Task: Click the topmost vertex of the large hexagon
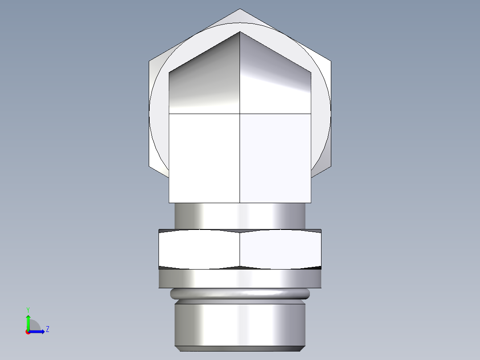(x=240, y=9)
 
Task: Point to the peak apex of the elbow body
(x=240, y=32)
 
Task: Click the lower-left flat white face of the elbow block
(x=205, y=158)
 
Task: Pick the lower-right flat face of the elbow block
(x=275, y=158)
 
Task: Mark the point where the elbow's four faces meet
(x=240, y=114)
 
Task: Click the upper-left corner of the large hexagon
(x=149, y=61)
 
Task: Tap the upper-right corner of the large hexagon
(x=331, y=61)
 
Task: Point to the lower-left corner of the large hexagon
(x=149, y=167)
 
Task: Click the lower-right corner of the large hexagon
(x=331, y=167)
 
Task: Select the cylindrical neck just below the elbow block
(x=240, y=216)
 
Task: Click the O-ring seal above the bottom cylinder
(x=240, y=293)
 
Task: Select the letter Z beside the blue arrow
(x=47, y=329)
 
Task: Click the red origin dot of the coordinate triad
(x=28, y=332)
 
